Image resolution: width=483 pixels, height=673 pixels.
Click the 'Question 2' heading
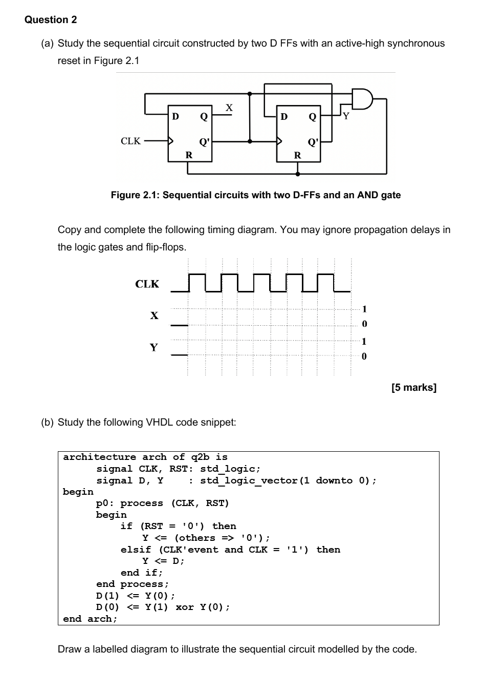click(51, 20)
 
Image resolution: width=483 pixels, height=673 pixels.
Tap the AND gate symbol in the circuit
click(362, 99)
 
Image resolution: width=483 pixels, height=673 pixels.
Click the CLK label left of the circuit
click(130, 141)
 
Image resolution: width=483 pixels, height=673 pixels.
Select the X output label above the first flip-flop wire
click(229, 108)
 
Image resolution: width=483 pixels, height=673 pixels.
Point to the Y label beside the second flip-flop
click(346, 116)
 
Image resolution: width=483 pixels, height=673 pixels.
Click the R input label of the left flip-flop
click(188, 155)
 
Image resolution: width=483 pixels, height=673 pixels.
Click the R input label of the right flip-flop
click(297, 155)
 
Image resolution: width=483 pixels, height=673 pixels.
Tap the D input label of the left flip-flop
click(175, 117)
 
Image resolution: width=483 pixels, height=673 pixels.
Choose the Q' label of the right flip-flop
click(313, 142)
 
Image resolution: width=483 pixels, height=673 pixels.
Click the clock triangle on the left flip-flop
click(171, 141)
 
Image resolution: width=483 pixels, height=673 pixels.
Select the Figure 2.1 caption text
click(256, 195)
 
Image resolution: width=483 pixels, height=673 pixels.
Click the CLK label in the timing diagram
click(147, 284)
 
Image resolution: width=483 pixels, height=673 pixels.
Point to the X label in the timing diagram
click(154, 316)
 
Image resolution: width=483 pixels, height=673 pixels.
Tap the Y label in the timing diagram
click(153, 348)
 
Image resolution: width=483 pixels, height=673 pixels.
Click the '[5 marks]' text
click(414, 388)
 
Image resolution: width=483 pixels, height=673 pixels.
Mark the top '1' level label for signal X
click(364, 309)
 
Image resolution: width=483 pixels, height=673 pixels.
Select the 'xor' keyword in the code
click(184, 607)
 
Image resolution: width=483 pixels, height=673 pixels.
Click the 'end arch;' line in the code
click(90, 619)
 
